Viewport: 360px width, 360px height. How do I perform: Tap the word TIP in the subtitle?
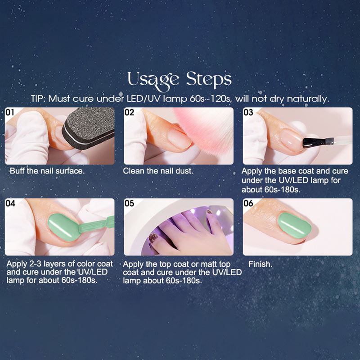coord(38,99)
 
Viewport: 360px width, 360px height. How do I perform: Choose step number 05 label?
coord(130,204)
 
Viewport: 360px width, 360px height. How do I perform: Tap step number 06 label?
coord(248,204)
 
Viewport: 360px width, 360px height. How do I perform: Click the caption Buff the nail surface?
coord(47,171)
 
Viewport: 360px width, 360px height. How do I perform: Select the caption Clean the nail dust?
coord(158,171)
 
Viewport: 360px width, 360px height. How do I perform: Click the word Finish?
coord(260,264)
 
